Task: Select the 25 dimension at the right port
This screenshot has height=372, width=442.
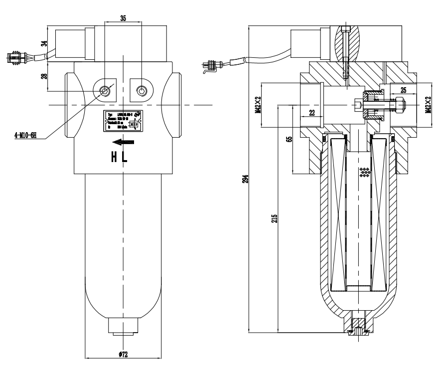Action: (x=403, y=90)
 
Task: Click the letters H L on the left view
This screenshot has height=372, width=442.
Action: (x=118, y=158)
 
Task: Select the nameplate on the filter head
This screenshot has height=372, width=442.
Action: (x=123, y=121)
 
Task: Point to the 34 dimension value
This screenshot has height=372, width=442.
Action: (x=43, y=43)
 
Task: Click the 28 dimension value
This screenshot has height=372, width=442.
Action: (x=43, y=76)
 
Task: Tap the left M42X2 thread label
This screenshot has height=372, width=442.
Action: (x=258, y=105)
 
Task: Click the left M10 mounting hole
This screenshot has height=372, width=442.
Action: (x=105, y=90)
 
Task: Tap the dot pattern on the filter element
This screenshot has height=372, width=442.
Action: (x=365, y=172)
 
